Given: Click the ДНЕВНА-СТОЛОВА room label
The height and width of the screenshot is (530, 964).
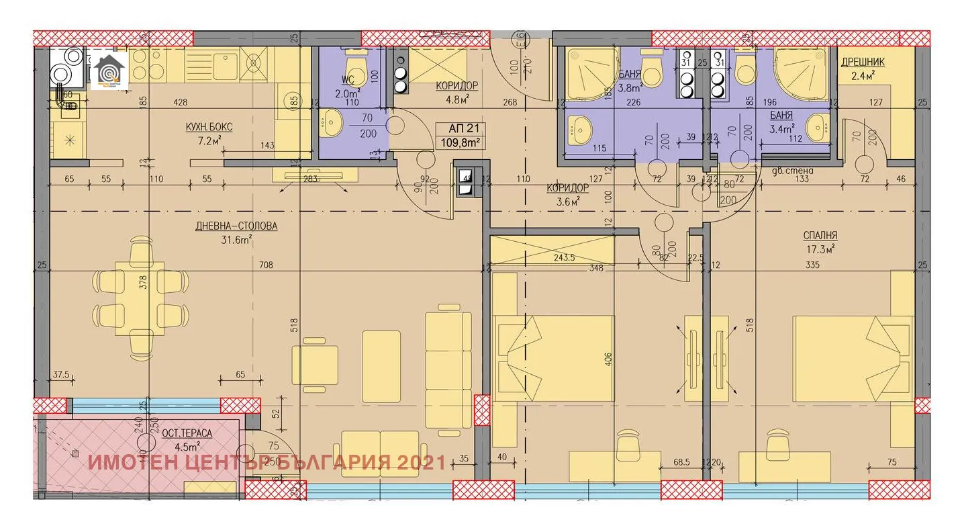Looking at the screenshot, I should coord(236,226).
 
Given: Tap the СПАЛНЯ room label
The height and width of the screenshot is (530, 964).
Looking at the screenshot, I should coord(820,236).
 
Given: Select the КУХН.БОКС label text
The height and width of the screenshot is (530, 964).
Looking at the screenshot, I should coord(209,127).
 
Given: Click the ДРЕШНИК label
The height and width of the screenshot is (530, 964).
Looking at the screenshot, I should coord(863,62).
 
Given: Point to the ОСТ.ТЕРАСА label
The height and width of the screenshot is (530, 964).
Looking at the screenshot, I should coord(187,433).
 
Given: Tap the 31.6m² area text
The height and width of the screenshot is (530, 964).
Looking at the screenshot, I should coord(236,239).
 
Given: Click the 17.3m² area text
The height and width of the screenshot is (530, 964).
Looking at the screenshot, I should coord(820,249).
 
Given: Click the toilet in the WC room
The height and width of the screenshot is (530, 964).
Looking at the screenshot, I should coord(353,64).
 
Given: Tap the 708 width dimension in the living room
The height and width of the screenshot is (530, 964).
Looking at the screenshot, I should coord(267,265).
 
